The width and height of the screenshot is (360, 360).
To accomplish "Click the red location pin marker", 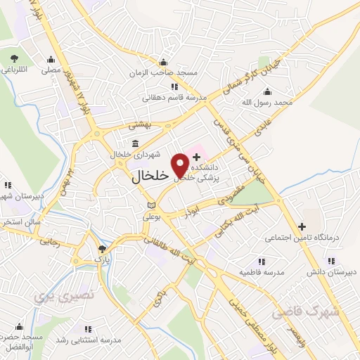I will tap(181, 165).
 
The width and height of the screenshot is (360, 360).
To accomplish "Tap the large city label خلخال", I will tap(150, 178).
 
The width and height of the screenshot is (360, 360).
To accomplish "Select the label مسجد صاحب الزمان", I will tap(164, 72).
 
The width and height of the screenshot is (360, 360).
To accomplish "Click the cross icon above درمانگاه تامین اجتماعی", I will tap(302, 227).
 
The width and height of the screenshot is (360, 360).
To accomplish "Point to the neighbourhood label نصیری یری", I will tap(53, 297).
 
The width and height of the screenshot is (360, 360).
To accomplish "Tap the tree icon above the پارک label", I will tap(103, 249).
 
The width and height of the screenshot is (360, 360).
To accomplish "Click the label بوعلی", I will tap(152, 217).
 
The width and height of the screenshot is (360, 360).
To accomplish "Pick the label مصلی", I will tap(51, 70).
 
